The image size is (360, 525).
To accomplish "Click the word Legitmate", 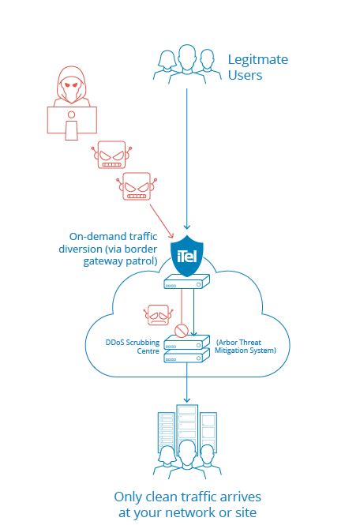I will pos(258,59).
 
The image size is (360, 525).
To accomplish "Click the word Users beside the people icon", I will pos(245,75).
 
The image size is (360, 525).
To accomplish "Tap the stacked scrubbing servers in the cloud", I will pos(186,350).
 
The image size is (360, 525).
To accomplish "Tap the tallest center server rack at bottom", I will pos(186,430).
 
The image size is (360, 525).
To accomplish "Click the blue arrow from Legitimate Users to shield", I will pos(186,158).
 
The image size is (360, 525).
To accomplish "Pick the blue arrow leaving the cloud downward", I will pos(186,387).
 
